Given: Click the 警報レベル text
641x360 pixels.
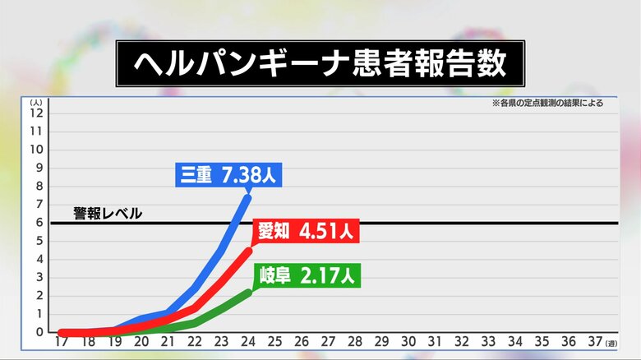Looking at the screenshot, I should click(108, 214).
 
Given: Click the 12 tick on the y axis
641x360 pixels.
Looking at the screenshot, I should click(36, 113).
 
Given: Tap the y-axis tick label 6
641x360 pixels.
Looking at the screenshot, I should click(39, 223).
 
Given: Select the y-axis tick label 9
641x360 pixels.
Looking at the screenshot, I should click(39, 168).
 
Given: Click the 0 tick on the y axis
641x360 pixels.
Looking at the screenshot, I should click(39, 332).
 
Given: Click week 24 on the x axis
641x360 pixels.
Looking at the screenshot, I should click(247, 341).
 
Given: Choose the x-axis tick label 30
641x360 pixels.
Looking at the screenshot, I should click(408, 341).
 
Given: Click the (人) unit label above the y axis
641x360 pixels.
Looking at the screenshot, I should click(36, 102).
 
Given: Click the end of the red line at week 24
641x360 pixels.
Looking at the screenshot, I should click(247, 250).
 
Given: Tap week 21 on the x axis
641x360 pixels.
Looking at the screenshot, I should click(167, 341).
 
